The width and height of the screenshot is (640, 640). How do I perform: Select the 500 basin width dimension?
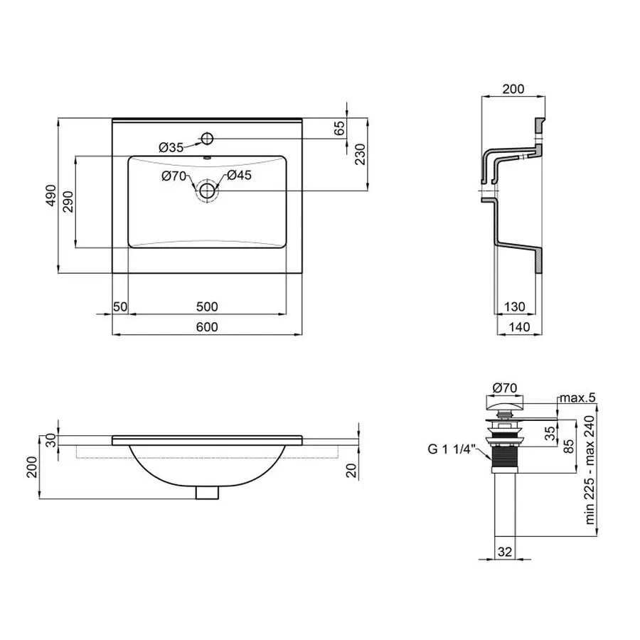coord(206,306)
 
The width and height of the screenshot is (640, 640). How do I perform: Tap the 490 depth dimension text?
coord(50,196)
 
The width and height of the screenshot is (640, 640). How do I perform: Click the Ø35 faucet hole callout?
coord(171,147)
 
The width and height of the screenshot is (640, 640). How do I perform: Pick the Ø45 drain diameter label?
coord(240,176)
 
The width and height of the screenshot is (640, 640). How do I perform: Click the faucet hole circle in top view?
coord(208,137)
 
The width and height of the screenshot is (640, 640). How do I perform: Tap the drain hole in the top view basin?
coord(208,190)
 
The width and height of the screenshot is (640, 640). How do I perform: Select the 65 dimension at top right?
coord(339,129)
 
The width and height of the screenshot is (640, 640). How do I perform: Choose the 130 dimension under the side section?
coord(514,306)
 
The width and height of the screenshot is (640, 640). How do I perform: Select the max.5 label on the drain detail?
coord(576,398)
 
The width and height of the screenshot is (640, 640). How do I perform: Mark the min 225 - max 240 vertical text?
coord(590,471)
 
